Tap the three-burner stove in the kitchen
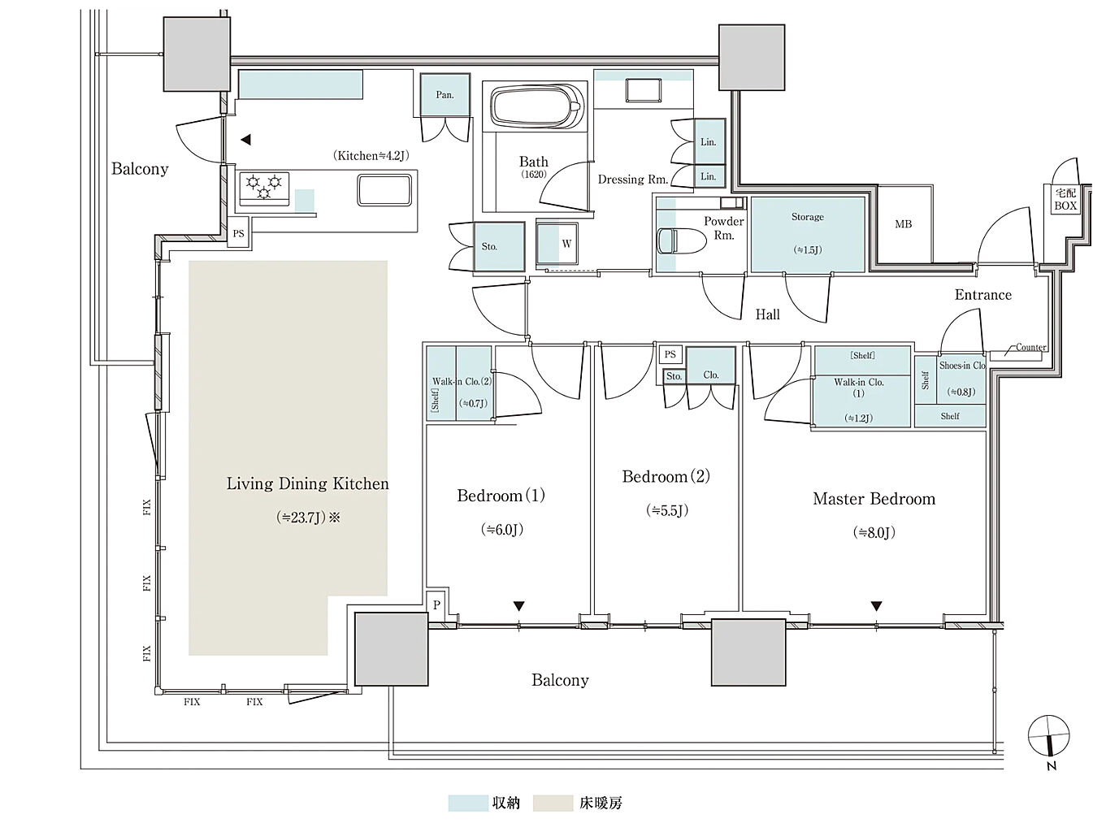click(x=264, y=188)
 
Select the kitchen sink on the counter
click(x=384, y=190)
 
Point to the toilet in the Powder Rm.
click(x=682, y=240)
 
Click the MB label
click(x=903, y=223)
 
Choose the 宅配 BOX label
click(x=1065, y=199)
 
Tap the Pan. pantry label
click(x=445, y=95)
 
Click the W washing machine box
click(x=557, y=244)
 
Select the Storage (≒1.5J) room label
click(x=808, y=232)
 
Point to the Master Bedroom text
click(x=874, y=499)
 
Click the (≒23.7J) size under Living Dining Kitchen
click(x=301, y=518)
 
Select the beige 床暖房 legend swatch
click(x=553, y=803)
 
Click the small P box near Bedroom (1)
click(x=437, y=605)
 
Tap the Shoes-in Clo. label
click(x=961, y=366)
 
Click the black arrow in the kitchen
click(x=245, y=140)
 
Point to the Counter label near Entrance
click(x=1030, y=347)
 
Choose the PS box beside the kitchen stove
click(x=238, y=234)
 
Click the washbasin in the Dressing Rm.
click(x=644, y=91)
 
